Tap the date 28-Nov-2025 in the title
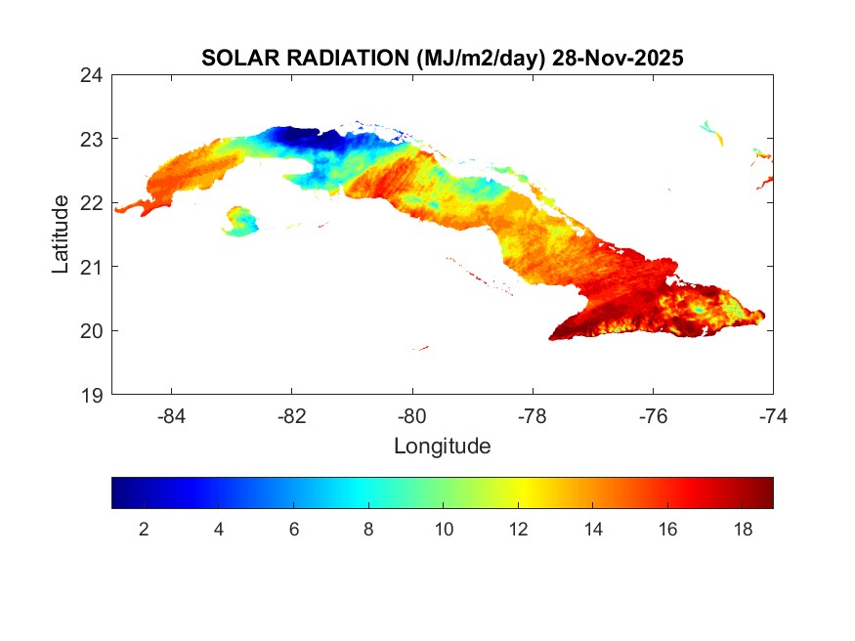pos(618,58)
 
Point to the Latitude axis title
pos(61,235)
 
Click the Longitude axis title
pos(442,447)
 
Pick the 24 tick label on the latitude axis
pos(93,75)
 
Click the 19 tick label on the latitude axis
pos(93,395)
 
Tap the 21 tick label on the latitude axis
pos(93,267)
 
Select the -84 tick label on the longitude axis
pos(172,416)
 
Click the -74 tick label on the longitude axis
pos(773,416)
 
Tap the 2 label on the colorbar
pos(144,530)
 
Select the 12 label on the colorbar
pos(518,530)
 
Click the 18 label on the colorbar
pos(743,530)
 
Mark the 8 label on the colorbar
pos(368,530)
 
